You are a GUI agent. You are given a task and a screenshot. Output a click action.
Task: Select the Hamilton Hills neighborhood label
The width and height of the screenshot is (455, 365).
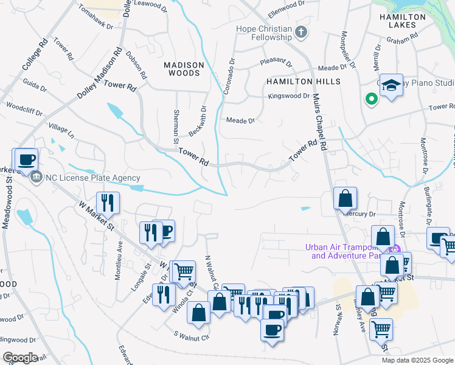(302, 82)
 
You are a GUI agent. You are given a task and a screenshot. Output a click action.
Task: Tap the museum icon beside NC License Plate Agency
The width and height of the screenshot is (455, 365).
(37, 178)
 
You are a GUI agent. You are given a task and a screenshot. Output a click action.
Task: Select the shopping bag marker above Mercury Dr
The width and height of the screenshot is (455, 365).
(345, 198)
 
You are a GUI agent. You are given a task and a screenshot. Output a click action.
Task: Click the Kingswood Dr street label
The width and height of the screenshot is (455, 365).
(289, 96)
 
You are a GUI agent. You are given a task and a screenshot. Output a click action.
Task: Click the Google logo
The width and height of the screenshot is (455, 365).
(20, 358)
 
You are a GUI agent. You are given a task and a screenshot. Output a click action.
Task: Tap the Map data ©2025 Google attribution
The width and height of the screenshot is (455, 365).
(417, 360)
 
